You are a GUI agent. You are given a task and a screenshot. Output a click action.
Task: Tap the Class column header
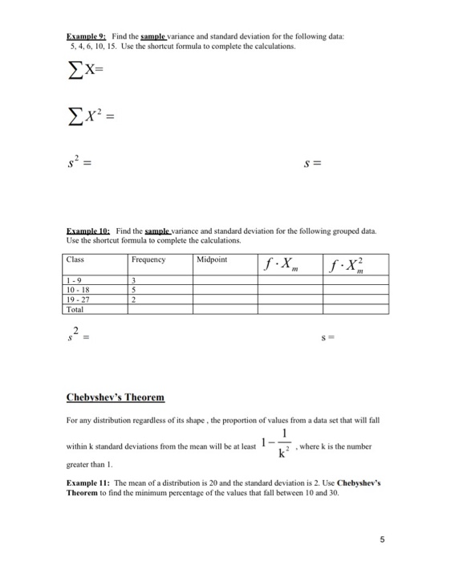76,260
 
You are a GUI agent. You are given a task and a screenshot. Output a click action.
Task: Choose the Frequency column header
148,260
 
